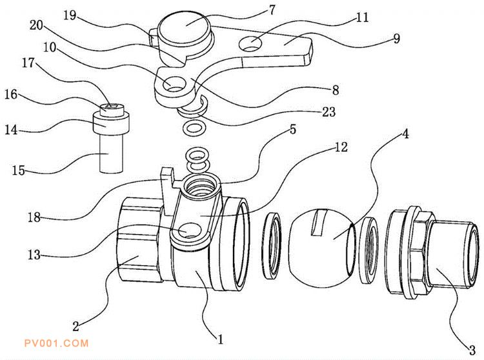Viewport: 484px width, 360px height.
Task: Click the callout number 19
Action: point(70,15)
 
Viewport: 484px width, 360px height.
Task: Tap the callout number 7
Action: point(272,10)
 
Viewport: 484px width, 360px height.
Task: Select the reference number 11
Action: point(363,17)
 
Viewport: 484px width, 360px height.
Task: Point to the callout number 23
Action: point(328,112)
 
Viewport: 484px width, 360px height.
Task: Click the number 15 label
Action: point(19,170)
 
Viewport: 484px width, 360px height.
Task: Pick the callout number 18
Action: point(34,217)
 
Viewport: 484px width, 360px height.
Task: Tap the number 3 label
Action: point(472,350)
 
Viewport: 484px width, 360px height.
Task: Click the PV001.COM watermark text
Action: point(57,343)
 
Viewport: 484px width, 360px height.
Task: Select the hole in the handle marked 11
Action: point(250,43)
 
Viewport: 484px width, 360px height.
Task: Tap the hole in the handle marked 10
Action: point(174,84)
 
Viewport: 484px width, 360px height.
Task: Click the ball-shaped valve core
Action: point(323,247)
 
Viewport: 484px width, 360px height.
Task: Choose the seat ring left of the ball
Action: point(271,245)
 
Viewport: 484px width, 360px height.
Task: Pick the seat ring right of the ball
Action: point(369,250)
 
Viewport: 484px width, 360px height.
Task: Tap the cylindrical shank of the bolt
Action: point(112,153)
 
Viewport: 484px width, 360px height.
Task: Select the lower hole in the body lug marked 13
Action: point(188,232)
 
